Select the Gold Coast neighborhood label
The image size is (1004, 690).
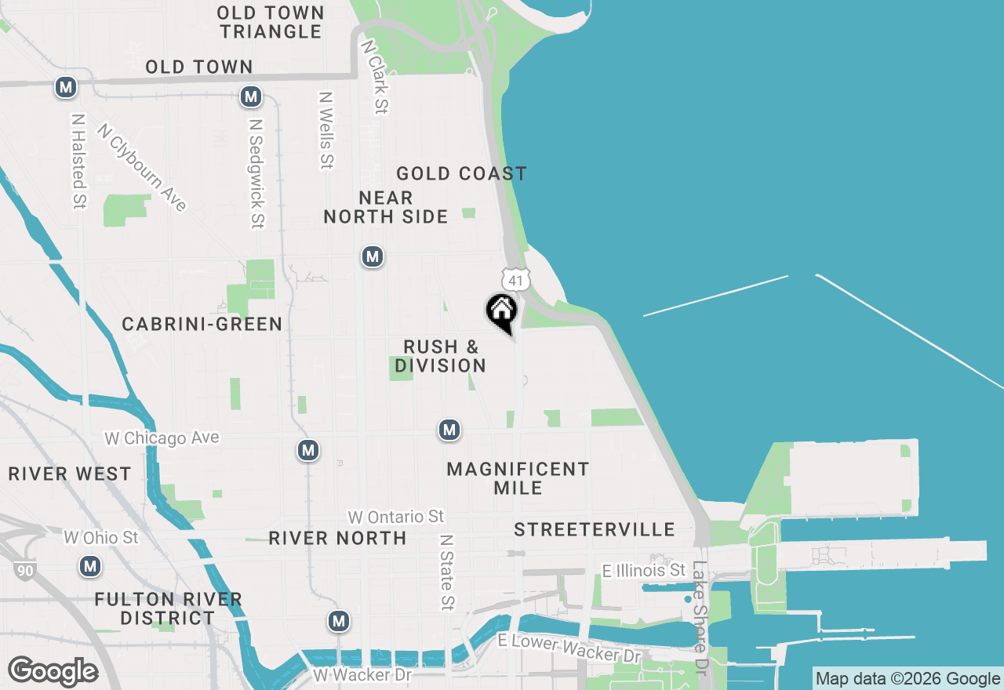click(x=461, y=173)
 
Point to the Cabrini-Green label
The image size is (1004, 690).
click(x=202, y=324)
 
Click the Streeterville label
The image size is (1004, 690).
click(x=595, y=530)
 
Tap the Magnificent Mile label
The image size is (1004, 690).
click(x=518, y=478)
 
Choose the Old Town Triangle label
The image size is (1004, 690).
click(x=271, y=22)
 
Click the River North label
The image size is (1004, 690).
click(x=337, y=538)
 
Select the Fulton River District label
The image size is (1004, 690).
click(x=168, y=608)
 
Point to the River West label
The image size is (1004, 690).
click(x=70, y=474)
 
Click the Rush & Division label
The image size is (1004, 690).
click(x=441, y=356)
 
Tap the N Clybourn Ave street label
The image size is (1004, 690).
click(x=143, y=166)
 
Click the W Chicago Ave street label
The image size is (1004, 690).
click(x=162, y=438)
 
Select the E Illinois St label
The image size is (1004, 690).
click(x=644, y=570)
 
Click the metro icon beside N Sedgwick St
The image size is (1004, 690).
click(x=251, y=96)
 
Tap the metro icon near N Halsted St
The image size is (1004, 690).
click(x=66, y=87)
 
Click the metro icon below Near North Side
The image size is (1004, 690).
click(x=373, y=256)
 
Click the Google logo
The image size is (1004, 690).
click(x=53, y=671)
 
